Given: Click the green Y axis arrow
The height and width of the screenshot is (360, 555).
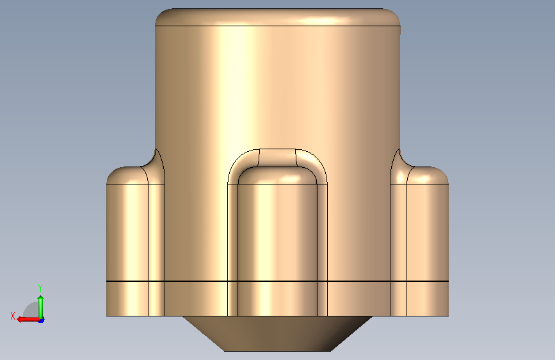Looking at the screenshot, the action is click(41, 307).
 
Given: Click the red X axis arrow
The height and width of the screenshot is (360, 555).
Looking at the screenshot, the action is click(28, 319).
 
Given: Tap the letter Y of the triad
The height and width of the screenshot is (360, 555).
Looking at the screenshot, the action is click(40, 288).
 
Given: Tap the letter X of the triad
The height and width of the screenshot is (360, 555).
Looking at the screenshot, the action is click(13, 316).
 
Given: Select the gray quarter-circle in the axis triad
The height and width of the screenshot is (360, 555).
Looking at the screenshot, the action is click(32, 311).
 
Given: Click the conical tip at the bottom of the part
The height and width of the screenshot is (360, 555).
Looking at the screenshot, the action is click(278, 334).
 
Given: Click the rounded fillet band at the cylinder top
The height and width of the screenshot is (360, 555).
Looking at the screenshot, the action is click(278, 17).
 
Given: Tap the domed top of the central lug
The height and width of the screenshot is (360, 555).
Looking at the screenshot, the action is click(278, 176).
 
